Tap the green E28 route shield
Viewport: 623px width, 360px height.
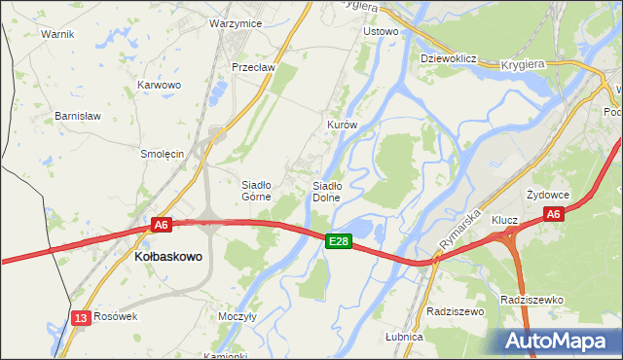[338, 240]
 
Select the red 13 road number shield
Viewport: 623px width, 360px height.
[80, 317]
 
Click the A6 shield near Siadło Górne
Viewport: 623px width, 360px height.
[162, 225]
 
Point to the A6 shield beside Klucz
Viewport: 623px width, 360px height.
[553, 214]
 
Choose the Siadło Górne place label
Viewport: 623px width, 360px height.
[261, 190]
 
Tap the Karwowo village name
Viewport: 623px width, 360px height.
[160, 85]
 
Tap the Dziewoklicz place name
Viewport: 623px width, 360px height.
[447, 58]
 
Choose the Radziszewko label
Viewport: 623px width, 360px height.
[531, 300]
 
